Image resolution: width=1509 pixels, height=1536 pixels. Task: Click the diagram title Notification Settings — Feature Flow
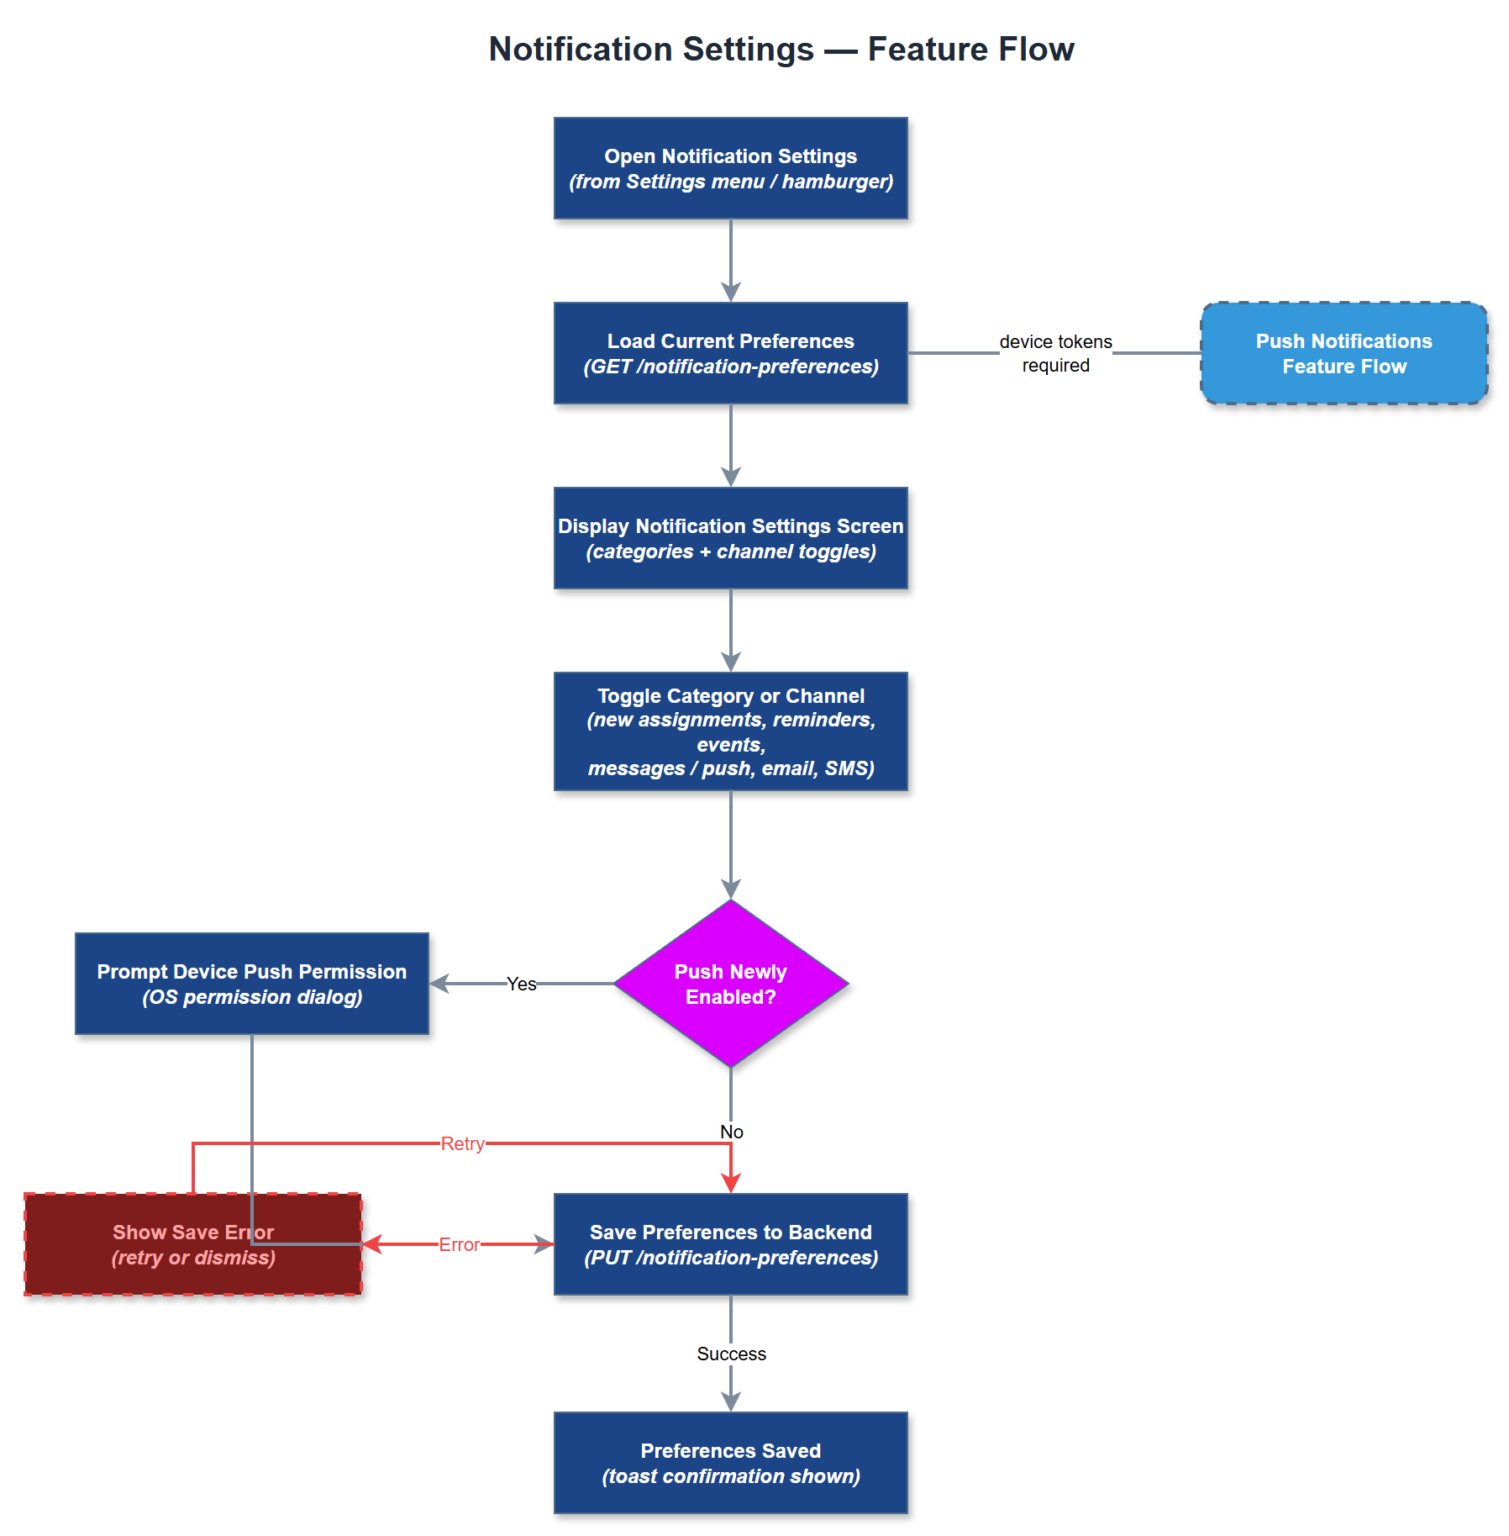[x=781, y=50]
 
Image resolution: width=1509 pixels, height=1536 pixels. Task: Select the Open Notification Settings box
[x=730, y=168]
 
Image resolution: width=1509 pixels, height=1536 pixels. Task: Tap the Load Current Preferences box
[x=730, y=353]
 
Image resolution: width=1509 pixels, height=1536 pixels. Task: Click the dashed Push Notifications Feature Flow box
[x=1343, y=353]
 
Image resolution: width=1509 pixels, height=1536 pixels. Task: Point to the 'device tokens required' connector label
[x=1055, y=353]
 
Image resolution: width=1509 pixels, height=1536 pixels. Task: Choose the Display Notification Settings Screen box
[x=730, y=538]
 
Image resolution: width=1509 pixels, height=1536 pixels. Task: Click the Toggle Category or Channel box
[x=730, y=731]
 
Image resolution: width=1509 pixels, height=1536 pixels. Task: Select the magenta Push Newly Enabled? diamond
[x=730, y=984]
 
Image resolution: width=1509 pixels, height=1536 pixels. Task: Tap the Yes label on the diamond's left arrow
[x=521, y=984]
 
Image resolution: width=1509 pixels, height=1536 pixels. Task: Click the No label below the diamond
[x=731, y=1132]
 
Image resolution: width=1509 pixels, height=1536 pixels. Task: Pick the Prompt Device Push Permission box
[x=251, y=984]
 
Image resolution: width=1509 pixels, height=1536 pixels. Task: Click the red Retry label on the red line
[x=462, y=1143]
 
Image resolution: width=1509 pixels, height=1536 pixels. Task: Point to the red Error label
[x=459, y=1244]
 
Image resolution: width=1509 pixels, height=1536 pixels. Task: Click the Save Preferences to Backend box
[x=730, y=1244]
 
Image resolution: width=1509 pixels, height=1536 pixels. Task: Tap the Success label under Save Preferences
[x=731, y=1354]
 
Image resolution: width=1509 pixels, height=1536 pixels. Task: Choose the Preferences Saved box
[x=730, y=1463]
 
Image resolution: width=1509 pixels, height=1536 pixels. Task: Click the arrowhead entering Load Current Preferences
[x=731, y=293]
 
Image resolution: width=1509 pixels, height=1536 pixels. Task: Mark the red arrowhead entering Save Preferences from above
[x=731, y=1183]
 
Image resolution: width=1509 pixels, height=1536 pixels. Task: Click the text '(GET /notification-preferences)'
[x=730, y=367]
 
